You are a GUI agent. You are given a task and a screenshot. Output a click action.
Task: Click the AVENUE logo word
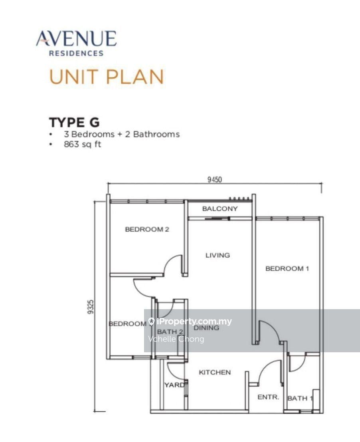tap(76, 39)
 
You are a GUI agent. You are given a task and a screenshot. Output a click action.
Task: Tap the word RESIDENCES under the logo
tap(76, 53)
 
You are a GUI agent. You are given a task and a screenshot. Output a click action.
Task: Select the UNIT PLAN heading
tap(107, 77)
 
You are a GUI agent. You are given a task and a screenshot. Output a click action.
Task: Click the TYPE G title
tap(74, 122)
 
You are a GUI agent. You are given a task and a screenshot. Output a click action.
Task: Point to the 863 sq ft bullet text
tap(83, 144)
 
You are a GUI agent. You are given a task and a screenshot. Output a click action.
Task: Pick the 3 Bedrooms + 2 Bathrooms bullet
tap(122, 134)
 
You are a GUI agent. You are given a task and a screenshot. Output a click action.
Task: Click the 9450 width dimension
tap(214, 180)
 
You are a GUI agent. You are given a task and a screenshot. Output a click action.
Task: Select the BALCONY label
tap(220, 209)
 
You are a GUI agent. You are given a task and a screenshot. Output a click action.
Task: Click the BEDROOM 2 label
tap(147, 229)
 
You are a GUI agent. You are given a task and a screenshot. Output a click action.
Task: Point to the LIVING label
tap(218, 255)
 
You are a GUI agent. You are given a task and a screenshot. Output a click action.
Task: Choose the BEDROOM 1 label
tap(287, 268)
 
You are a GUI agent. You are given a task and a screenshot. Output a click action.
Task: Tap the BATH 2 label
tap(170, 331)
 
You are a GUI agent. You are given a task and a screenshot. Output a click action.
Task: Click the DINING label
tap(206, 328)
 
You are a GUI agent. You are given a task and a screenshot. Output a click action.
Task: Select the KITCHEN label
tap(215, 372)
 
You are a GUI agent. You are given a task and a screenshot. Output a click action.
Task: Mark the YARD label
tap(174, 385)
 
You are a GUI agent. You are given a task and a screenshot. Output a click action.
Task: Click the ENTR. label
tap(268, 397)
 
